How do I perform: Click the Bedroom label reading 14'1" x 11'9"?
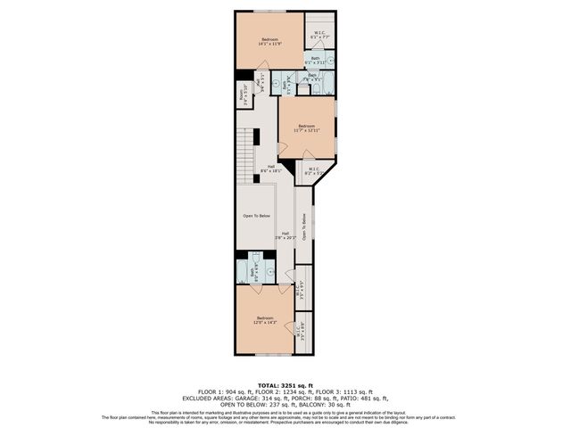click(x=269, y=41)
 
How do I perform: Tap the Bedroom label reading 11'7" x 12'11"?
click(x=306, y=128)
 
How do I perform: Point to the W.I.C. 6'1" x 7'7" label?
click(x=319, y=36)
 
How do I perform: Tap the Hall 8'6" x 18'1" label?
click(x=270, y=169)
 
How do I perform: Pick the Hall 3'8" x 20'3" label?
click(x=285, y=236)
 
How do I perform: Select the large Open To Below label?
click(x=256, y=217)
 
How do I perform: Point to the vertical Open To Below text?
click(x=304, y=227)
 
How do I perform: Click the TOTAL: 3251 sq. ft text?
click(x=285, y=384)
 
